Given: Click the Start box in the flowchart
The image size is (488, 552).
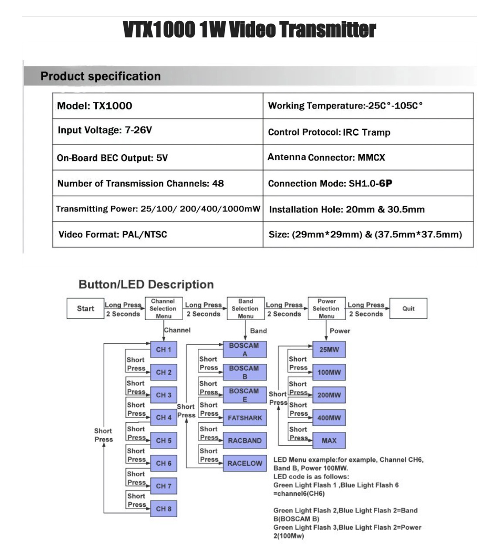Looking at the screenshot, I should pyautogui.click(x=85, y=308).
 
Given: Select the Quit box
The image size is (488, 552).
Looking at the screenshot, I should pyautogui.click(x=408, y=308).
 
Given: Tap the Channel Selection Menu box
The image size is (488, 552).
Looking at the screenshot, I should pyautogui.click(x=163, y=308).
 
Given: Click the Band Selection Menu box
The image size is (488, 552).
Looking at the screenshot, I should pyautogui.click(x=245, y=308).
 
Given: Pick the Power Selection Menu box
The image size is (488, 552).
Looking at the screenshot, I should pyautogui.click(x=326, y=308).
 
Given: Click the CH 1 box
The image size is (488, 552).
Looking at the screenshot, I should pyautogui.click(x=163, y=349).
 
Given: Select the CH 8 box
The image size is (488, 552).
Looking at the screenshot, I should pyautogui.click(x=163, y=508).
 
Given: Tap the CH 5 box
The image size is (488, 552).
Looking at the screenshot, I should pyautogui.click(x=163, y=440).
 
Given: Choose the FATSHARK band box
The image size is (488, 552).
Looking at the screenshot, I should pyautogui.click(x=244, y=418).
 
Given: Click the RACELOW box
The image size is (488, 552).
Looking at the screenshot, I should pyautogui.click(x=244, y=463).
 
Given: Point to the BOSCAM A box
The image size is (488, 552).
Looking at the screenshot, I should pyautogui.click(x=244, y=349).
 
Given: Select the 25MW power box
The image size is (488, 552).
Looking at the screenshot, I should pyautogui.click(x=329, y=349).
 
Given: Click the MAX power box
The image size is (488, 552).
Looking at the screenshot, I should pyautogui.click(x=329, y=440).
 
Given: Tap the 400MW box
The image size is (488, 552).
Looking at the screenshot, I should pyautogui.click(x=329, y=418).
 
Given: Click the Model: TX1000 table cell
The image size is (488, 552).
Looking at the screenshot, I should pyautogui.click(x=158, y=106).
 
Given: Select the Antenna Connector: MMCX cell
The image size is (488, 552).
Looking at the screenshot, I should pyautogui.click(x=368, y=157).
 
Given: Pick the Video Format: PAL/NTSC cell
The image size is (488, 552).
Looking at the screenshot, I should pyautogui.click(x=158, y=234).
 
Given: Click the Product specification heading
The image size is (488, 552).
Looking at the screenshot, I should pyautogui.click(x=101, y=76).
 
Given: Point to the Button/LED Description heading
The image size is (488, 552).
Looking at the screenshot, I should pyautogui.click(x=146, y=284).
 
